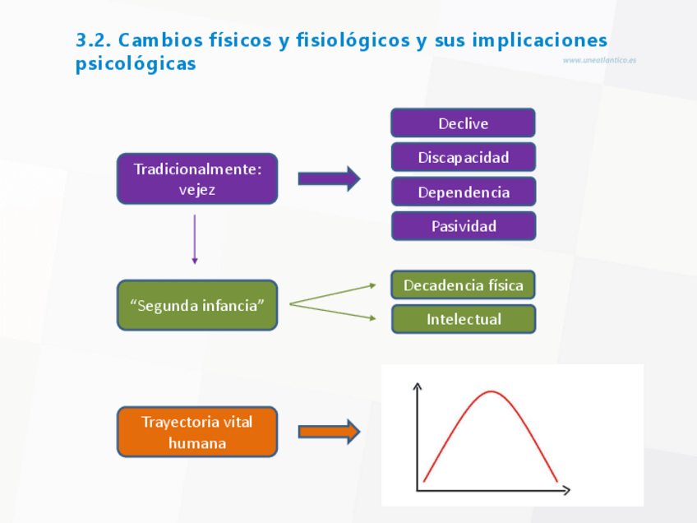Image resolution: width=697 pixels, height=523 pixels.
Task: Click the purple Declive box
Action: click(x=463, y=123)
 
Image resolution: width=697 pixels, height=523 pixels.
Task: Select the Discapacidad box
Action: click(x=463, y=157)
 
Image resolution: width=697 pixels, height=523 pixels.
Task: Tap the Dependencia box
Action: click(x=463, y=192)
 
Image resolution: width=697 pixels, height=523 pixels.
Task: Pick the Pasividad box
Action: click(x=463, y=226)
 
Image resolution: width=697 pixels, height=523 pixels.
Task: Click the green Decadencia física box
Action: click(x=463, y=285)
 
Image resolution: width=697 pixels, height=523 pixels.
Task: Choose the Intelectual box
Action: click(x=463, y=319)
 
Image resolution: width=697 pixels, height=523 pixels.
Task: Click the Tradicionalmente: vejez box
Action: click(x=197, y=178)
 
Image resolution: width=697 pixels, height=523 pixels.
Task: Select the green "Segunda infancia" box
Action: click(x=197, y=305)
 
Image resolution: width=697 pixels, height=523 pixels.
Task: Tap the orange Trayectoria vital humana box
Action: click(x=197, y=432)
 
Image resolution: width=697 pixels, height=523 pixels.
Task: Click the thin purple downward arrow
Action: click(x=195, y=239)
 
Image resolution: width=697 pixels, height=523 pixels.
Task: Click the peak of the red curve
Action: click(x=491, y=391)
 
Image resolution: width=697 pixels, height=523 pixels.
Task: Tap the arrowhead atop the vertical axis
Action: click(x=418, y=385)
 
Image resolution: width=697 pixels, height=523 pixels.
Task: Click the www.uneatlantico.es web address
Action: click(x=599, y=60)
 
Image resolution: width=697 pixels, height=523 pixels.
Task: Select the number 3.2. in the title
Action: click(x=93, y=39)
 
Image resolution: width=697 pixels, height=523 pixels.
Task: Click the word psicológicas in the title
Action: click(x=136, y=63)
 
